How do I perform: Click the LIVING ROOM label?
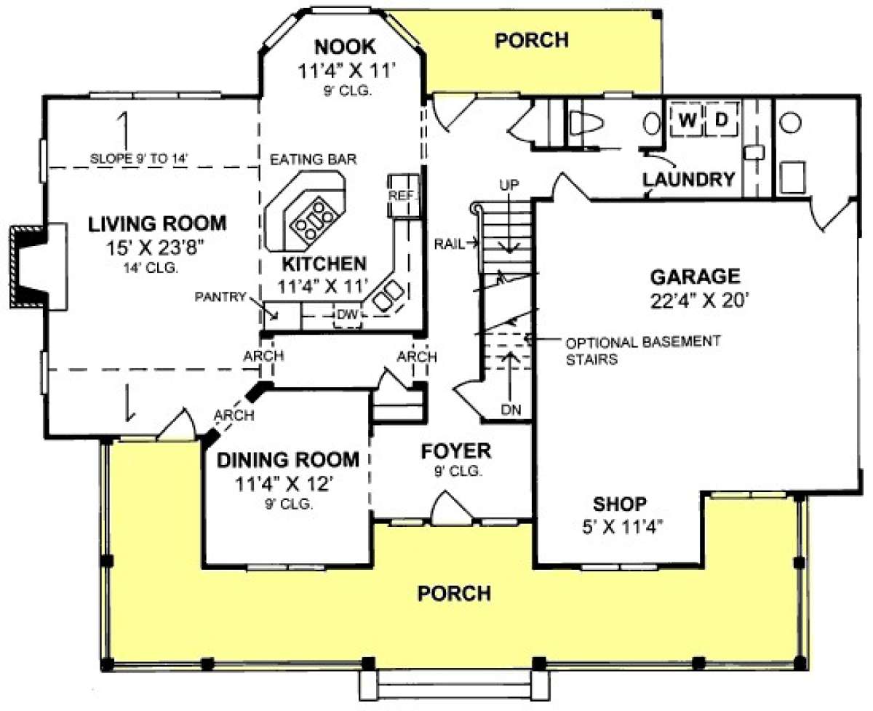[x=157, y=224]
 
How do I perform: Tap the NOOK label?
[x=345, y=47]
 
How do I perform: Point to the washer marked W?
[x=687, y=120]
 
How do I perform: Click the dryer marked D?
[x=722, y=120]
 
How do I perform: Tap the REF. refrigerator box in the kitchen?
[x=403, y=196]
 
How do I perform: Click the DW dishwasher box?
[x=348, y=315]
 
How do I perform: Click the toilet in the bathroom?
[x=586, y=122]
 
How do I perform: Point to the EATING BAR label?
[x=313, y=159]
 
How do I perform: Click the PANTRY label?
[x=220, y=296]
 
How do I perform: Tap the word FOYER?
[x=455, y=451]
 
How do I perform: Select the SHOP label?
[x=620, y=504]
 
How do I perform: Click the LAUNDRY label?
[x=688, y=180]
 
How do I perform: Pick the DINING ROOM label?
[x=287, y=460]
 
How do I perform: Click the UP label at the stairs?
[x=509, y=185]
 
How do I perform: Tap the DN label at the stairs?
[x=511, y=409]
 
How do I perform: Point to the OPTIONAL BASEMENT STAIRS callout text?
[x=642, y=351]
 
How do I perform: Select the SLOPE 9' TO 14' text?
[x=139, y=159]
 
